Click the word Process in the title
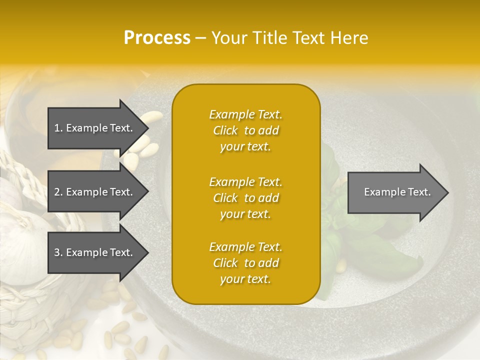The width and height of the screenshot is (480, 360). coord(157,38)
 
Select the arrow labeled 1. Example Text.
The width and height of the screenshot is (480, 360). coord(95,128)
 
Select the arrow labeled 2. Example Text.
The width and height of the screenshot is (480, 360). coord(95,192)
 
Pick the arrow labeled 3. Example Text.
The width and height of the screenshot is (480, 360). coord(95,252)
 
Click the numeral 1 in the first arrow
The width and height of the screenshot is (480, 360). coord(57,128)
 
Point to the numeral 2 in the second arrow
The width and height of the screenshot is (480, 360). coord(57,192)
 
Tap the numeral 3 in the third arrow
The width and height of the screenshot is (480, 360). coord(57,252)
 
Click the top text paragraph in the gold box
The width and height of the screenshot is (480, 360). coord(245,130)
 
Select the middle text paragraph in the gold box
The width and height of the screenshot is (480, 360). coord(245,198)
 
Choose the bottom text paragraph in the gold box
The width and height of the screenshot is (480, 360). coord(245,263)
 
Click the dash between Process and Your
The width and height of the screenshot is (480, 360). coord(201,38)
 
